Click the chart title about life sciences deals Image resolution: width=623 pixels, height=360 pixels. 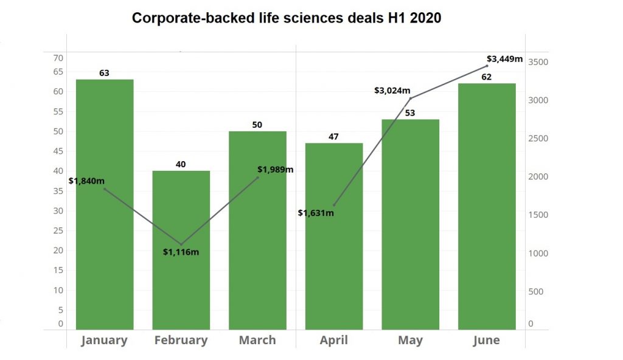tap(287, 18)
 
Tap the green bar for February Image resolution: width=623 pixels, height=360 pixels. tap(181, 286)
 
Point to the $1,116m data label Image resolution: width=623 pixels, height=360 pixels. tap(181, 252)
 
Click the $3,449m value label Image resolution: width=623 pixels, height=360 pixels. tap(505, 59)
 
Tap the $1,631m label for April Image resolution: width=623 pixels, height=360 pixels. tap(316, 213)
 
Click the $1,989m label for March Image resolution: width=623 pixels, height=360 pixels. tap(275, 169)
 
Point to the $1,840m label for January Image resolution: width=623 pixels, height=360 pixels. tap(86, 181)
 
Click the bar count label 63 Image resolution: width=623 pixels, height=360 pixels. tap(104, 73)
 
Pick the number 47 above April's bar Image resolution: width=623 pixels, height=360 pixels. tap(333, 137)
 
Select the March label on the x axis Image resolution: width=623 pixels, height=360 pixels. tap(257, 340)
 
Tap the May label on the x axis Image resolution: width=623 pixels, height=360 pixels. tap(410, 340)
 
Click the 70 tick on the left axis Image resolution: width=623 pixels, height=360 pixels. tap(58, 58)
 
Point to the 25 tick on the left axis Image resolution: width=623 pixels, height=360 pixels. tap(58, 230)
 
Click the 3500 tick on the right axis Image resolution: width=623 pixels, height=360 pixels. tap(538, 62)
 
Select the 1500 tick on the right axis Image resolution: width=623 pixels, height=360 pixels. tap(538, 215)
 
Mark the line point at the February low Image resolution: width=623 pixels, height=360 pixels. tap(181, 244)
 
